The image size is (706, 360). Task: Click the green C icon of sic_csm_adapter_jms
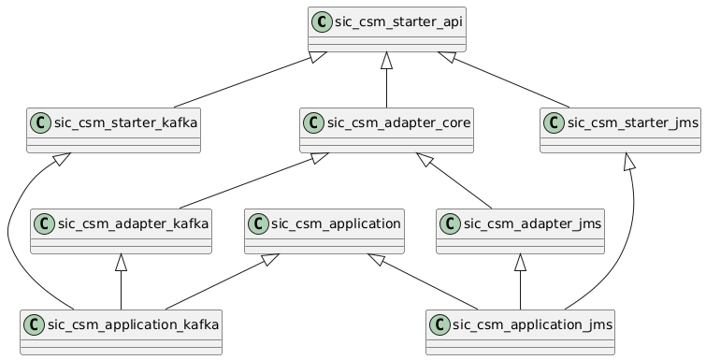coord(451,223)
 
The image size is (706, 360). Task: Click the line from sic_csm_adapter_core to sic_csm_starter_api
coord(387,82)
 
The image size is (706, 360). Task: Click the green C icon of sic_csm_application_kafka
coord(35,324)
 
